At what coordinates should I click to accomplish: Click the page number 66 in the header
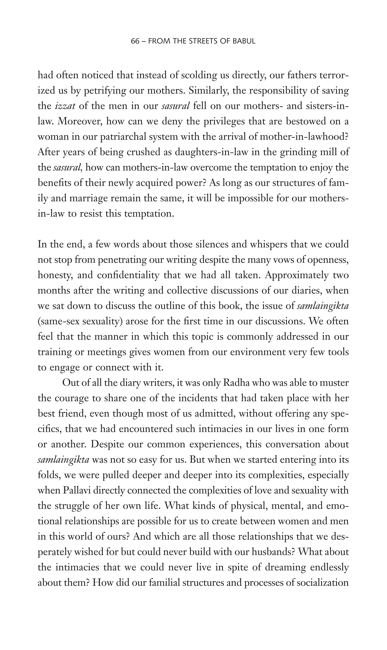(x=135, y=41)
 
